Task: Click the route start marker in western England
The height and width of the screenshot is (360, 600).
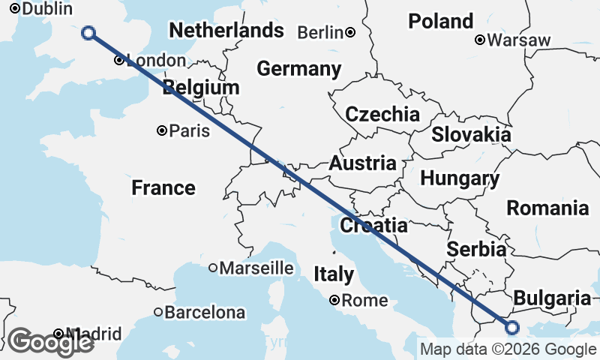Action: (x=88, y=32)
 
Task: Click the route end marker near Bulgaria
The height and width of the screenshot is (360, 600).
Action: (x=512, y=327)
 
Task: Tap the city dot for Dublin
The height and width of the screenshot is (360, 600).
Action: (x=13, y=10)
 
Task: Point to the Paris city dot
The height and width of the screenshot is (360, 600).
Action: (x=161, y=130)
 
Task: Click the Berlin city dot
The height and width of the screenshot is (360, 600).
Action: (x=350, y=32)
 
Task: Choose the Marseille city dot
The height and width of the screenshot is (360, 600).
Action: (x=213, y=268)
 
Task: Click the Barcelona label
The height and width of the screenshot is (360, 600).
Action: (x=205, y=312)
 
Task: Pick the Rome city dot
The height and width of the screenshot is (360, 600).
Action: (x=334, y=301)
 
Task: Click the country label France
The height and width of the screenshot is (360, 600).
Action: (x=163, y=187)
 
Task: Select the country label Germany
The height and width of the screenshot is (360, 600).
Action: (x=298, y=69)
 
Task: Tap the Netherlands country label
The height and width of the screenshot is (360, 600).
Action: (x=226, y=31)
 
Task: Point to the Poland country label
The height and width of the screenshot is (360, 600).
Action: (x=441, y=21)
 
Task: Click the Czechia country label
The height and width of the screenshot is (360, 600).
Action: (x=382, y=114)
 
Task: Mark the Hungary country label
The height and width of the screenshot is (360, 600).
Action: (x=460, y=178)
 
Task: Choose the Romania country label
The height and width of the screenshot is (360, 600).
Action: (x=547, y=208)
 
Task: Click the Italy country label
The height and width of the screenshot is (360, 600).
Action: (x=334, y=274)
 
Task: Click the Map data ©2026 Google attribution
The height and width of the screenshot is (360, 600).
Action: (x=508, y=349)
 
